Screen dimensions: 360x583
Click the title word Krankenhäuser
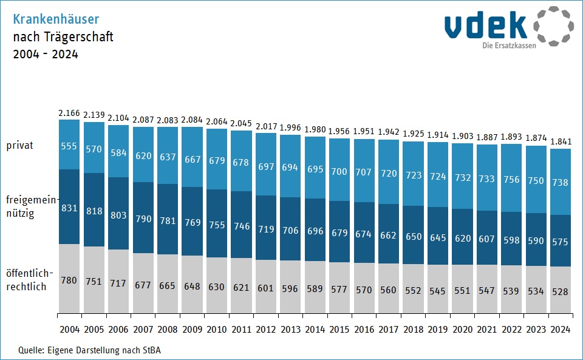pyautogui.click(x=56, y=19)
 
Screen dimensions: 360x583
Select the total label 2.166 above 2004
pyautogui.click(x=69, y=113)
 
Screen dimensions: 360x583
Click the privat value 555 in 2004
pyautogui.click(x=69, y=146)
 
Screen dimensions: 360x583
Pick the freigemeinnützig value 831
pyautogui.click(x=69, y=208)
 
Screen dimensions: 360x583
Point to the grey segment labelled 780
pyautogui.click(x=69, y=280)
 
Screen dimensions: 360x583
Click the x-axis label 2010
pyautogui.click(x=217, y=330)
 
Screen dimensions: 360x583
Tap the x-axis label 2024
pyautogui.click(x=561, y=330)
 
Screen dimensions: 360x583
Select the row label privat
pyautogui.click(x=20, y=146)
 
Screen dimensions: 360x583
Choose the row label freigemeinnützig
pyautogui.click(x=29, y=206)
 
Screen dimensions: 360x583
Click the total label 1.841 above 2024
pyautogui.click(x=561, y=142)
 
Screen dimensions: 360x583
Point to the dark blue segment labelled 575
pyautogui.click(x=561, y=242)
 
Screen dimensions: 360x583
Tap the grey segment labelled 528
pyautogui.click(x=561, y=291)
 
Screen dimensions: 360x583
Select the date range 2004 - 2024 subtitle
pyautogui.click(x=46, y=54)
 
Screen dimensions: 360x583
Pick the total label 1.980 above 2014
pyautogui.click(x=315, y=129)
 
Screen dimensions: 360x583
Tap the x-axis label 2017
pyautogui.click(x=389, y=330)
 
